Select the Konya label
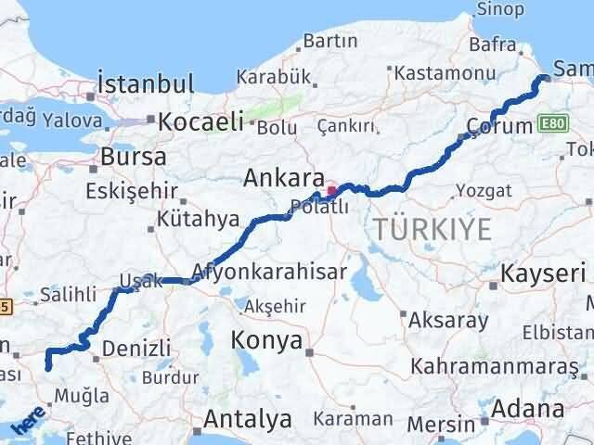tap(267, 340)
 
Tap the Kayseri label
tap(543, 273)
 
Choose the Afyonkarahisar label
tap(269, 272)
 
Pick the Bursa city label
tap(134, 156)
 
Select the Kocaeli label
tap(200, 121)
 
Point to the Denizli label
tap(137, 348)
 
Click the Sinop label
tap(499, 9)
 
